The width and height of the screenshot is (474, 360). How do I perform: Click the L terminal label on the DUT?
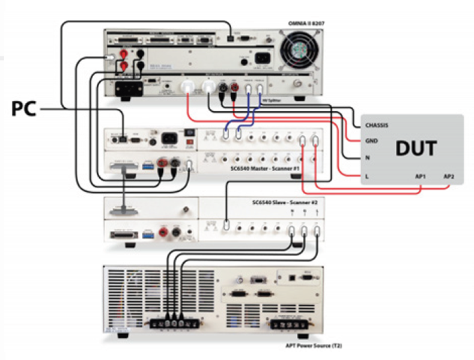pyautogui.click(x=366, y=175)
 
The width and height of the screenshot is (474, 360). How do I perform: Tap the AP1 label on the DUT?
pyautogui.click(x=421, y=176)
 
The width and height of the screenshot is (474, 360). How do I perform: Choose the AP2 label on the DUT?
pyautogui.click(x=449, y=176)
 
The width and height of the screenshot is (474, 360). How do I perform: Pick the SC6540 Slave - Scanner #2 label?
pyautogui.click(x=285, y=203)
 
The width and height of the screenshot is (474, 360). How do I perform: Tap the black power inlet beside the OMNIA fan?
pyautogui.click(x=263, y=58)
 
